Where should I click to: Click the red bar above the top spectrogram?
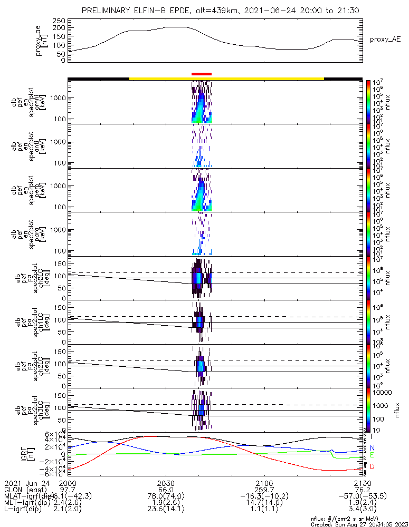(x=201, y=74)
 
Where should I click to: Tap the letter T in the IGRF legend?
(x=372, y=436)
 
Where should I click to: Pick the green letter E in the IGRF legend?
(x=372, y=455)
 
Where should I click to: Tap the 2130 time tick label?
(x=363, y=483)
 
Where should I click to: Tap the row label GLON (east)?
(x=24, y=490)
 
